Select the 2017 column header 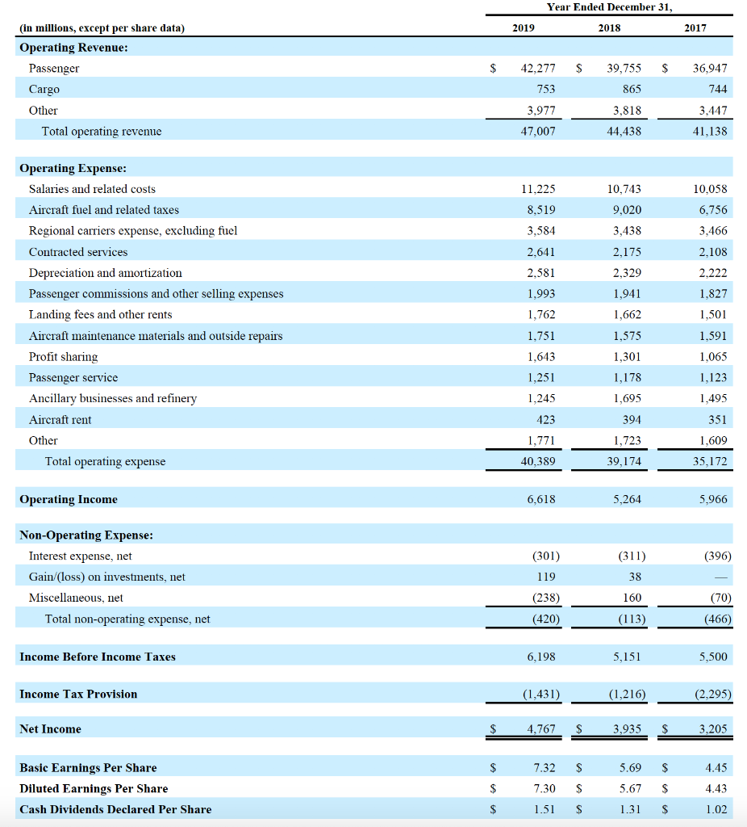695,28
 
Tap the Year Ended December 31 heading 609,7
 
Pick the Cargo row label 44,90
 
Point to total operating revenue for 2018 624,131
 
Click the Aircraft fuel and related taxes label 104,210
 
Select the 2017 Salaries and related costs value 710,189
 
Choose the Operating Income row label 69,500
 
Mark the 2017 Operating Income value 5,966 712,500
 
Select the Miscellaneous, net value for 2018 632,598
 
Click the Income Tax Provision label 78,695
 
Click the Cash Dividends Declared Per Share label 115,810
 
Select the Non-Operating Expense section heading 86,535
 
